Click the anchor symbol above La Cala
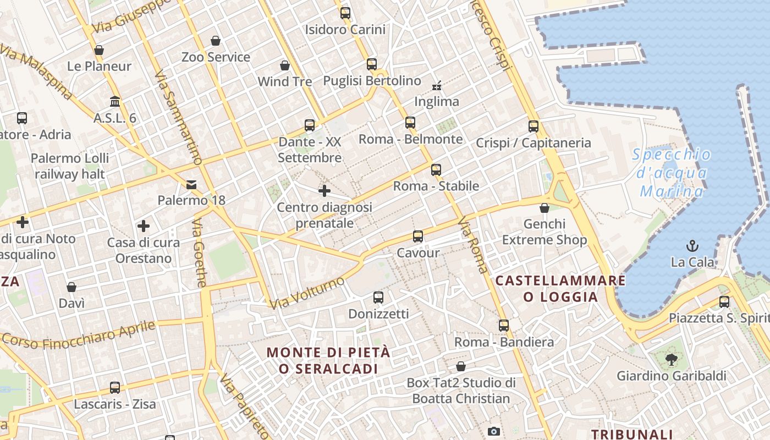pyautogui.click(x=692, y=246)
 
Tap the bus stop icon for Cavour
pyautogui.click(x=418, y=237)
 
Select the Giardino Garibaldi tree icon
pyautogui.click(x=671, y=360)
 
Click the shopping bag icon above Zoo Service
pyautogui.click(x=216, y=41)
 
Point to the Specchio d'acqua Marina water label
pyautogui.click(x=672, y=173)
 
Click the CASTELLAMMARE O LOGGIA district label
pyautogui.click(x=560, y=289)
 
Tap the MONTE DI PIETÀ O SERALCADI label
pyautogui.click(x=328, y=360)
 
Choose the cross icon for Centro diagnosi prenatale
pyautogui.click(x=324, y=191)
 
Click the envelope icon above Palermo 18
pyautogui.click(x=191, y=184)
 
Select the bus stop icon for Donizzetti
pyautogui.click(x=378, y=298)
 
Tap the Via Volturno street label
pyautogui.click(x=307, y=293)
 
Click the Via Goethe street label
pyautogui.click(x=200, y=253)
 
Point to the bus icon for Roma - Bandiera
pyautogui.click(x=504, y=326)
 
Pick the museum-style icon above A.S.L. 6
pyautogui.click(x=115, y=102)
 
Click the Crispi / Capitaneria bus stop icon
pyautogui.click(x=533, y=127)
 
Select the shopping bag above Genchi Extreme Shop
pyautogui.click(x=544, y=208)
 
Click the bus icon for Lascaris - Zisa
pyautogui.click(x=115, y=388)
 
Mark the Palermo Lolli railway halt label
pyautogui.click(x=70, y=166)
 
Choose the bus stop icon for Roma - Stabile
pyautogui.click(x=436, y=169)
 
